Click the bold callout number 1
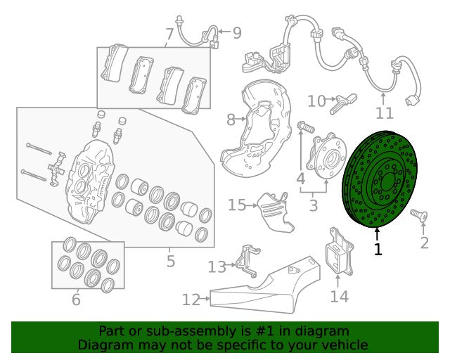[x=378, y=249]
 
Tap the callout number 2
[x=425, y=243]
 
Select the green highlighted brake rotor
[x=380, y=179]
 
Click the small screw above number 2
[x=419, y=215]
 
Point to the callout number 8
[x=231, y=120]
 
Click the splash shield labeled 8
[x=256, y=128]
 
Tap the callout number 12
[x=191, y=300]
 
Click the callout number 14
[x=340, y=296]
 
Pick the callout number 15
[x=237, y=205]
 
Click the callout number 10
[x=317, y=101]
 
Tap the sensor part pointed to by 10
[x=343, y=104]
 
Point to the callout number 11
[x=385, y=113]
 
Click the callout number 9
[x=237, y=33]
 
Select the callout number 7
[x=169, y=34]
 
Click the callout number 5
[x=170, y=261]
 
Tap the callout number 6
[x=76, y=300]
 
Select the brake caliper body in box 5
[x=90, y=181]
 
